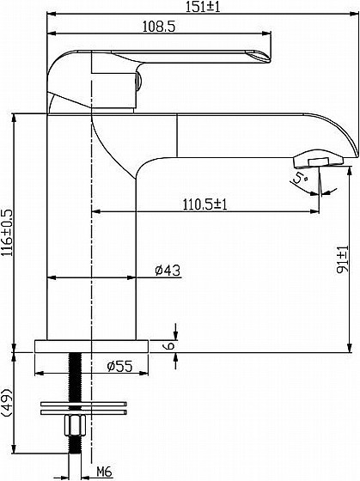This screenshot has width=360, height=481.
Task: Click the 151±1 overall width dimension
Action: (x=203, y=7)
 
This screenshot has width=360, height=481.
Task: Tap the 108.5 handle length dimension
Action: (x=159, y=27)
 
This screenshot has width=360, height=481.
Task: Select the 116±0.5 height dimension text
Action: (x=7, y=233)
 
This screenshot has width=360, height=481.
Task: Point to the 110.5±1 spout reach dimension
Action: (x=205, y=204)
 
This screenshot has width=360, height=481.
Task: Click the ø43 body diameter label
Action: (x=168, y=270)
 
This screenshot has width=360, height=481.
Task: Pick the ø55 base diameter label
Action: (x=119, y=366)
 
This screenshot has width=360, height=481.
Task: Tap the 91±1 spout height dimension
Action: (x=343, y=259)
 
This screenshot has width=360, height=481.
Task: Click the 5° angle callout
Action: (x=300, y=178)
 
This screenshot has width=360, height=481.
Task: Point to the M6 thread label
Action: (x=104, y=472)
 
